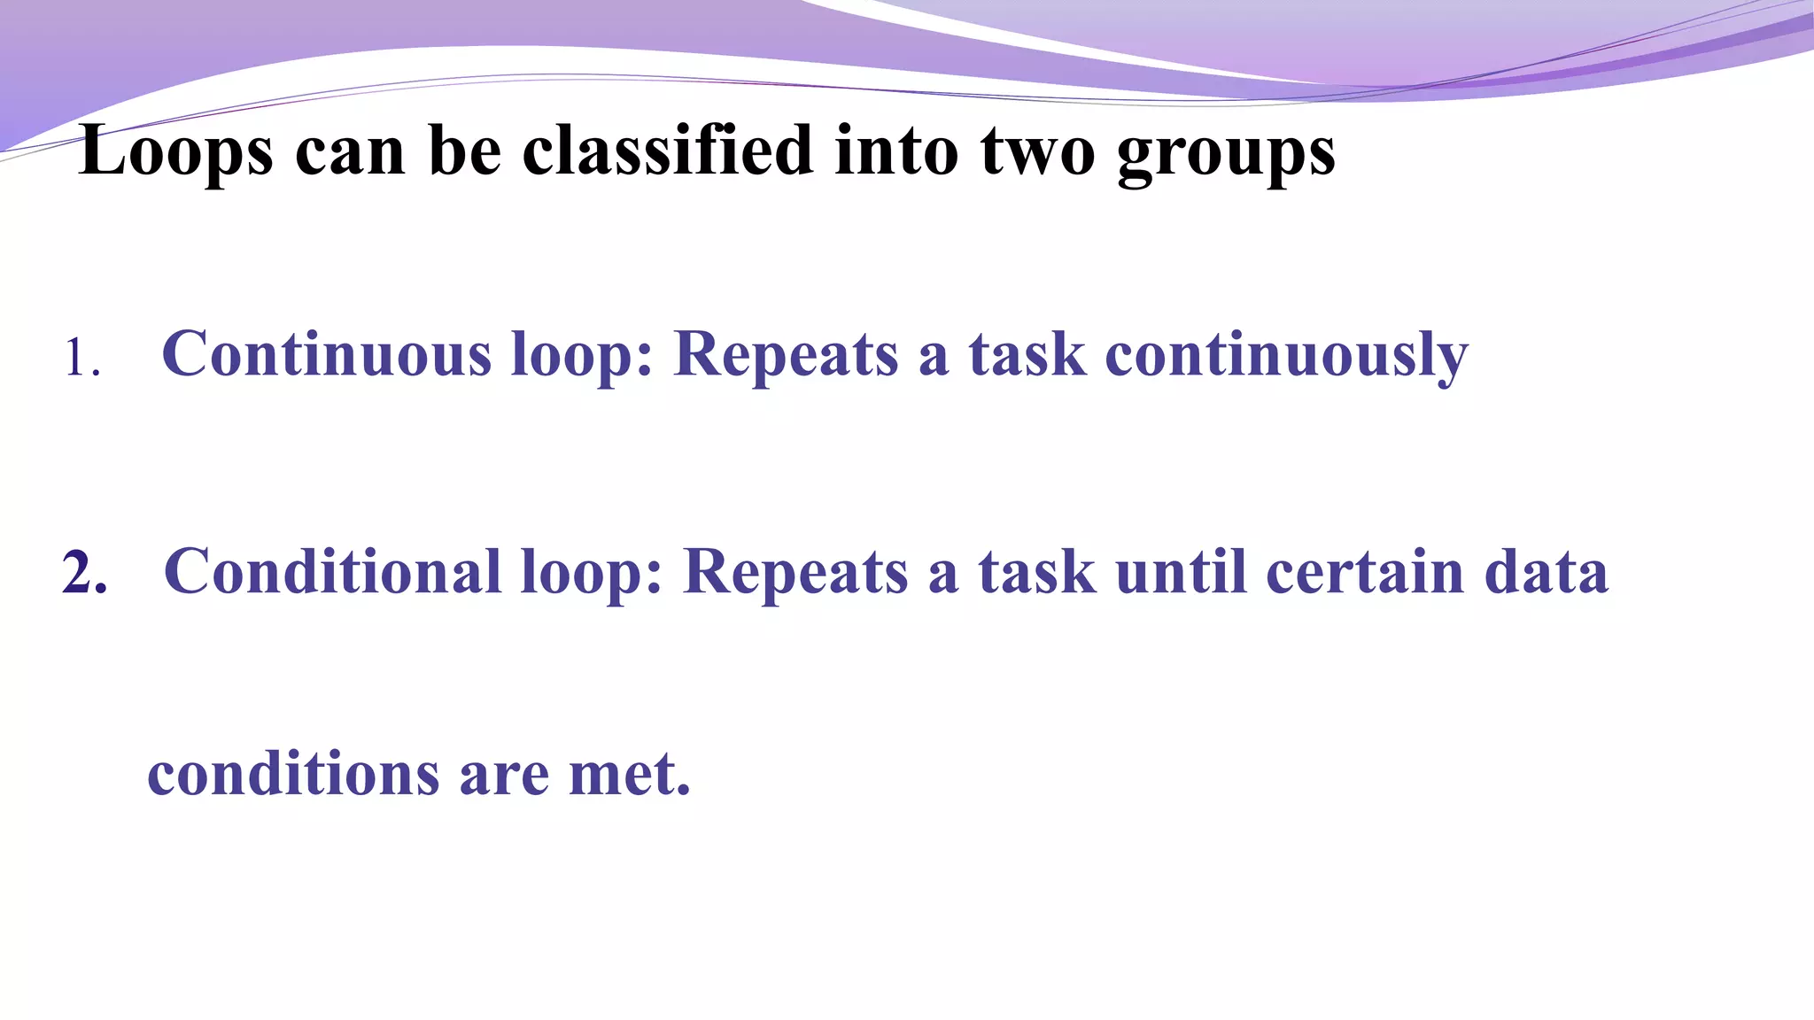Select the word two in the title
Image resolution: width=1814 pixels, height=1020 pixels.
(x=1037, y=151)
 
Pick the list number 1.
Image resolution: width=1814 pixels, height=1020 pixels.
(x=80, y=360)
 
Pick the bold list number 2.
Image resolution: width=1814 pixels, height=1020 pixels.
(x=84, y=573)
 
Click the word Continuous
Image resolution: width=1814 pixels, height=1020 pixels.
(x=326, y=354)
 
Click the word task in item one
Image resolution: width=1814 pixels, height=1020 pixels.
(x=1027, y=354)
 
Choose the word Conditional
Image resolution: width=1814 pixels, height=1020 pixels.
(x=332, y=571)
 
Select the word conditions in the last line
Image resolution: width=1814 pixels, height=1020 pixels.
(x=292, y=774)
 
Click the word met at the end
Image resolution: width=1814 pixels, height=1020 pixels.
(x=628, y=774)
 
